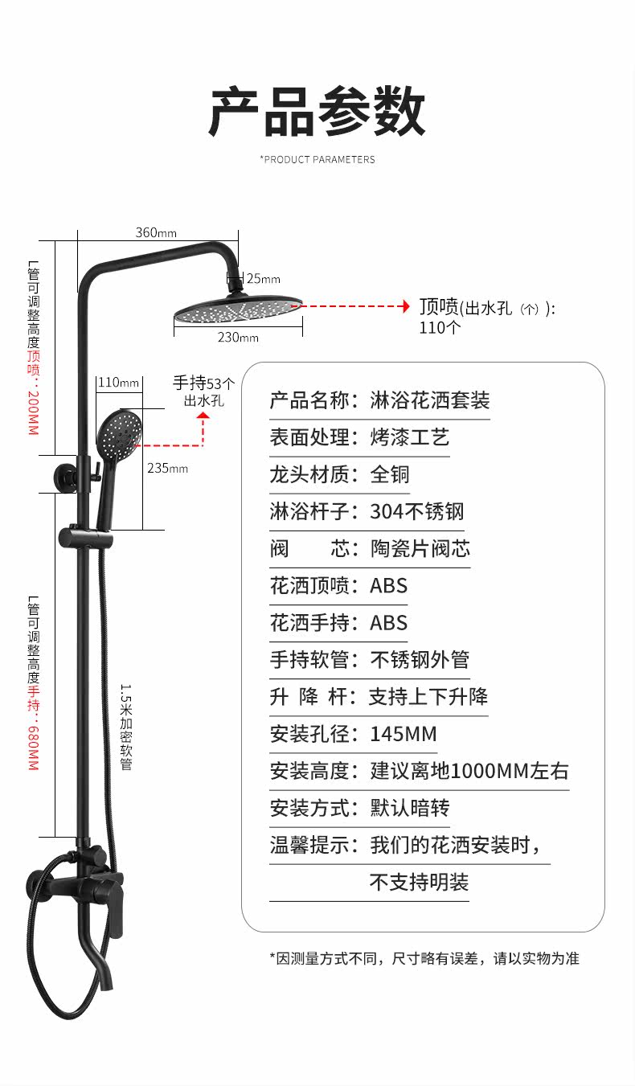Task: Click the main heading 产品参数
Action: (317, 113)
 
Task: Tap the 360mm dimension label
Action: (156, 233)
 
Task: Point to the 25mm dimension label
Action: (264, 279)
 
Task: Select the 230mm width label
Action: (238, 338)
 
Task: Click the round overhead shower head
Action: (238, 309)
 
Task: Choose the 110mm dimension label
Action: (118, 383)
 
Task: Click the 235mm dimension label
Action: (167, 468)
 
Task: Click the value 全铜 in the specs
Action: (390, 474)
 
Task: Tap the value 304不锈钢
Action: (416, 511)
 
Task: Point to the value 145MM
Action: (404, 734)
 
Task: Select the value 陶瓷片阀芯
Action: (420, 549)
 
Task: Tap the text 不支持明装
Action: (419, 882)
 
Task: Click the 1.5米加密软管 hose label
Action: (125, 727)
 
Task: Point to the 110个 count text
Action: (440, 327)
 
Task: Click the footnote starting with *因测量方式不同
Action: (424, 958)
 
